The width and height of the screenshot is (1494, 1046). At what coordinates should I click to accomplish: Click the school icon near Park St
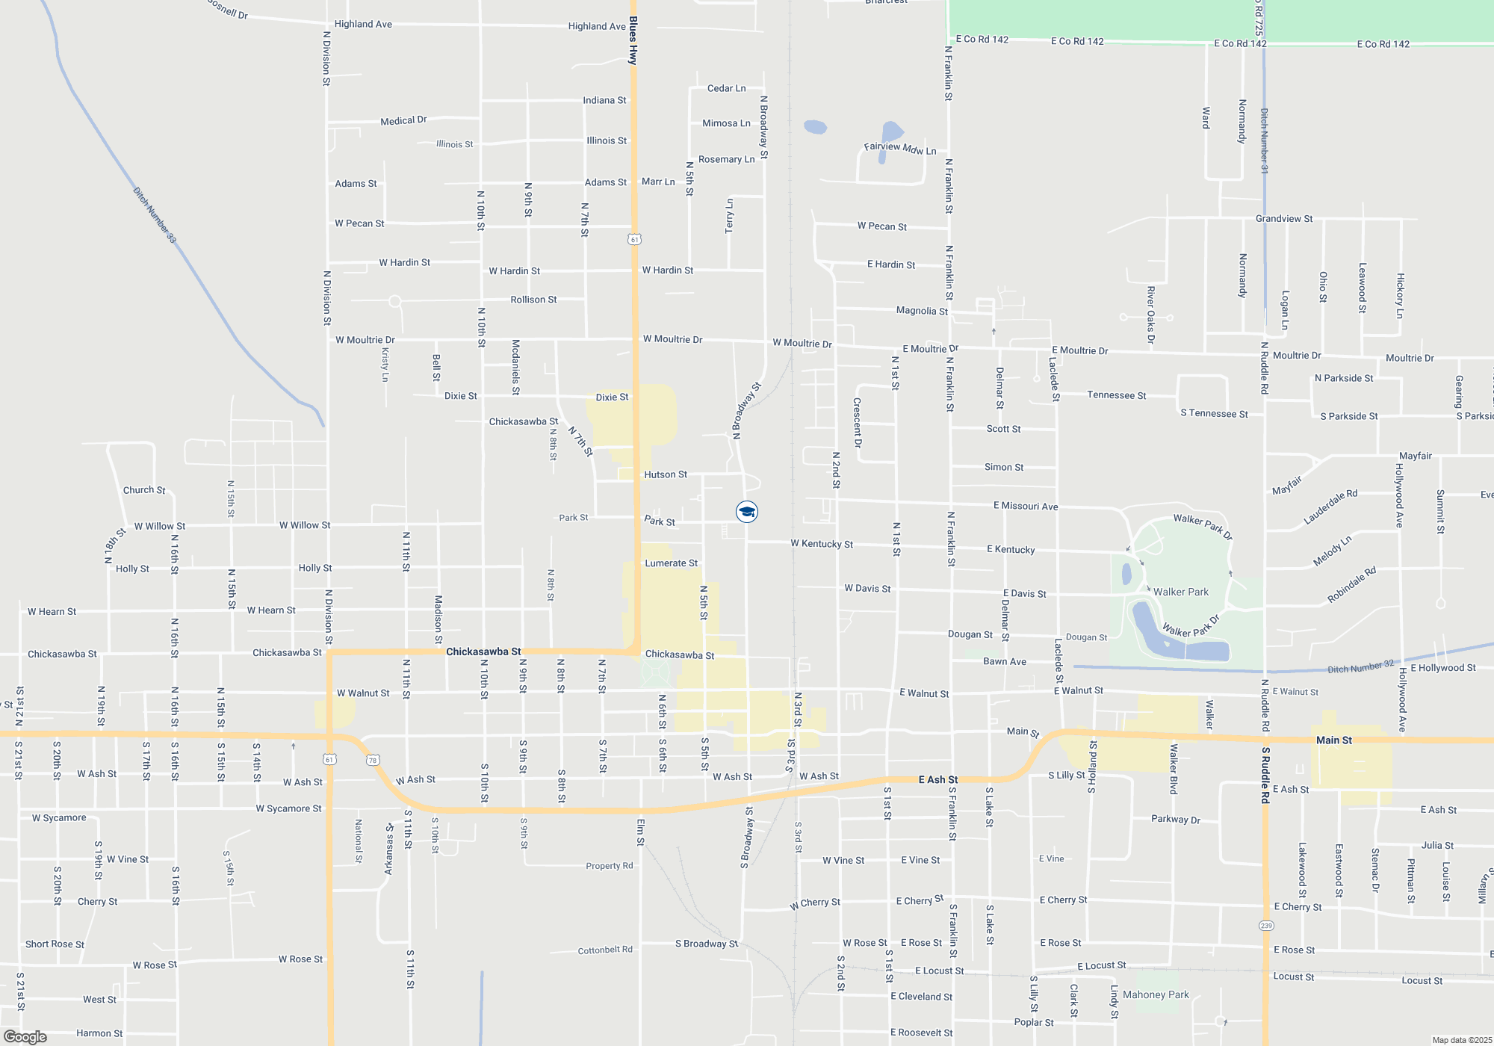[x=747, y=511]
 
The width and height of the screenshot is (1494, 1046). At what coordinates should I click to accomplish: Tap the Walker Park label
[x=1180, y=592]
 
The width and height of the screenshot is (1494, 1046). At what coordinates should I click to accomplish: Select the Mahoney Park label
[x=1156, y=994]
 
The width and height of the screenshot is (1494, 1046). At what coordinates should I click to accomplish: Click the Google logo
[x=25, y=1037]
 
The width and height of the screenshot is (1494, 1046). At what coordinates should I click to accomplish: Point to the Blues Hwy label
[x=633, y=40]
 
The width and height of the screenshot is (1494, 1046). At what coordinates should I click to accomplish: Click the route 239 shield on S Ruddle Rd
[x=1265, y=926]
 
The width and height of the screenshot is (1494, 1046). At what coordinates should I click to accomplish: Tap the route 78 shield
[x=373, y=761]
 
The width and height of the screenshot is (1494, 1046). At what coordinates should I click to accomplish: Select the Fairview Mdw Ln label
[x=900, y=149]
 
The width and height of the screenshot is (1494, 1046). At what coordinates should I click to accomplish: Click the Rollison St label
[x=533, y=300]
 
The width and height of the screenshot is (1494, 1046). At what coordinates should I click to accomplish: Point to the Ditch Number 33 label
[x=155, y=215]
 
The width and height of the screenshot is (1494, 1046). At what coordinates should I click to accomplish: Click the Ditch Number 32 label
[x=1360, y=666]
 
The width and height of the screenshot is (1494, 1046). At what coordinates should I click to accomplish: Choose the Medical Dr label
[x=403, y=120]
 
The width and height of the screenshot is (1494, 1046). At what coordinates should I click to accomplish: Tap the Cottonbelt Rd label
[x=605, y=950]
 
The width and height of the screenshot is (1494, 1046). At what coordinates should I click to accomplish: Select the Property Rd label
[x=609, y=866]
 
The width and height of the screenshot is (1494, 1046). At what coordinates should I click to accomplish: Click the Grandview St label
[x=1284, y=219]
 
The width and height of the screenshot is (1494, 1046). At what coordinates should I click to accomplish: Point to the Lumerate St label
[x=672, y=563]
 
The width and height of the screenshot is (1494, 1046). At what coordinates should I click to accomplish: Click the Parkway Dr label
[x=1176, y=820]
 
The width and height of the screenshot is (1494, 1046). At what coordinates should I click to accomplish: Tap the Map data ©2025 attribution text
[x=1462, y=1040]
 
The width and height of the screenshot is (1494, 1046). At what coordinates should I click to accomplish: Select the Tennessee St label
[x=1116, y=395]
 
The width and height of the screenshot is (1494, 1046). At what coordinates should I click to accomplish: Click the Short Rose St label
[x=55, y=944]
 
